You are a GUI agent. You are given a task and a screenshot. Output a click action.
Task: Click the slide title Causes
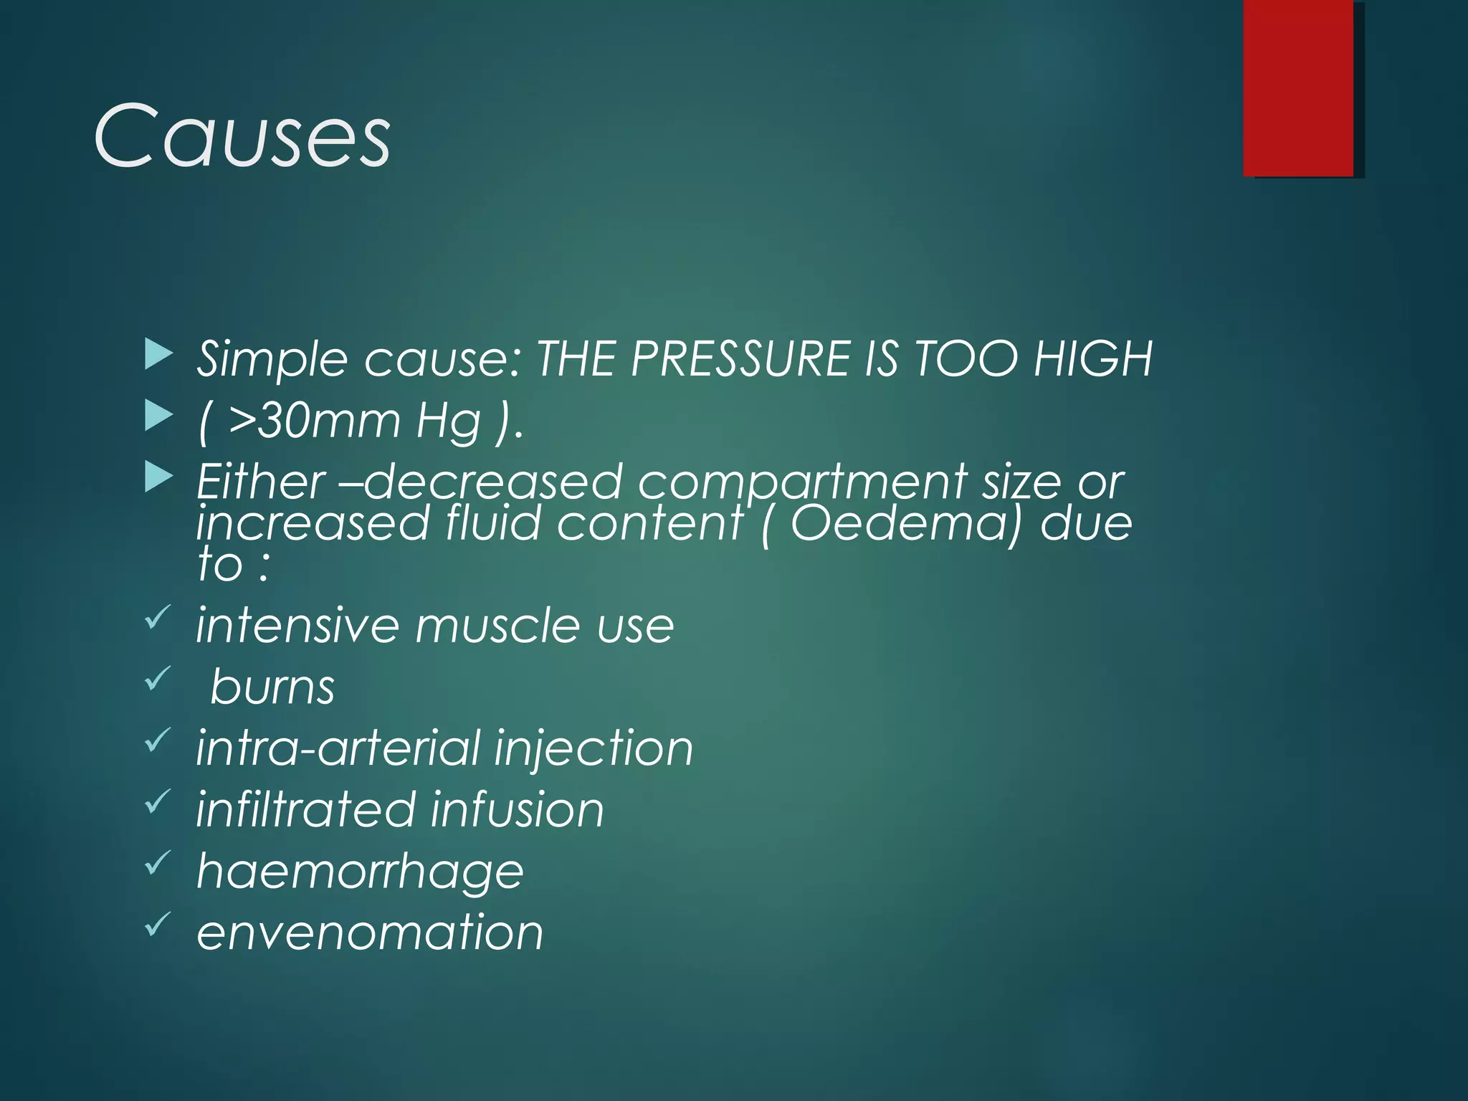(x=242, y=136)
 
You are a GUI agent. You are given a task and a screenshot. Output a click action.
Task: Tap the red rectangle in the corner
(x=1298, y=87)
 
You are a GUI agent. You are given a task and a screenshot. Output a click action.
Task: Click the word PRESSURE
(x=740, y=358)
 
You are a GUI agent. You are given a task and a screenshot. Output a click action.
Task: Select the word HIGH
(x=1092, y=358)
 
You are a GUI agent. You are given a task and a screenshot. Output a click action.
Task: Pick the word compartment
(x=802, y=482)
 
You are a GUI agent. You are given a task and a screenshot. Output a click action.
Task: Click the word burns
(x=272, y=687)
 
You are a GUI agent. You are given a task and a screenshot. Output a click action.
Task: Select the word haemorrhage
(x=360, y=872)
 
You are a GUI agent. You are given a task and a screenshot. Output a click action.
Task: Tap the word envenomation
(x=370, y=933)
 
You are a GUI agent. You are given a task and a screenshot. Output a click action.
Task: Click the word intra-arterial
(x=338, y=748)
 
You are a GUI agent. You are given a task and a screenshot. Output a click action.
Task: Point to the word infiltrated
(x=306, y=809)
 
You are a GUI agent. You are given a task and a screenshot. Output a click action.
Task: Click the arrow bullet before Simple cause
(x=158, y=355)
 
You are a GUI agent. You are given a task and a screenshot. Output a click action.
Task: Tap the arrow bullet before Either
(x=158, y=477)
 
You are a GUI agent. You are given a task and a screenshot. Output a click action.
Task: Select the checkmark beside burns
(x=158, y=678)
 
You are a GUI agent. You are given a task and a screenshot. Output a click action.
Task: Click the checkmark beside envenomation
(x=158, y=923)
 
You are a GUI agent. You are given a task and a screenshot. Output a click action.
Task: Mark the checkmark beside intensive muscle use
(x=158, y=616)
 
